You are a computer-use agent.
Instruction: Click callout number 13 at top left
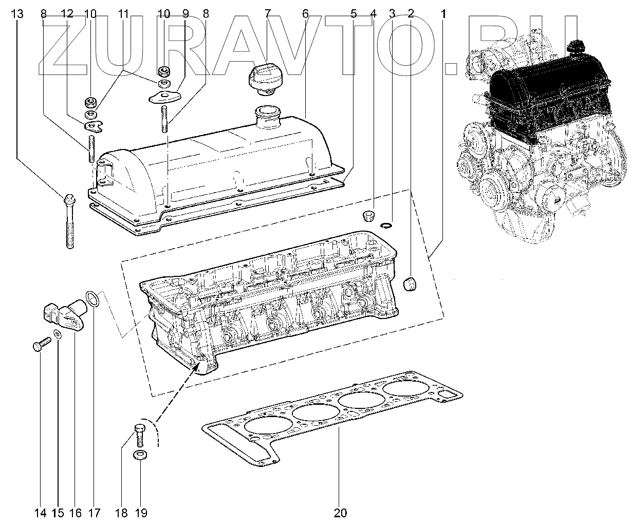(x=17, y=14)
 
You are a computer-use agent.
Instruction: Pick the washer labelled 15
(x=58, y=335)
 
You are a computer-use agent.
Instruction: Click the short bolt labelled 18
(x=139, y=435)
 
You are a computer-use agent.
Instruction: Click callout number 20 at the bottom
(x=340, y=512)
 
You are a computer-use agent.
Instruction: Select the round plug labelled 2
(x=411, y=284)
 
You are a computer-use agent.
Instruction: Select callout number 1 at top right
(x=443, y=14)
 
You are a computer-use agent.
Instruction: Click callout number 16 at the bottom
(x=75, y=512)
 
